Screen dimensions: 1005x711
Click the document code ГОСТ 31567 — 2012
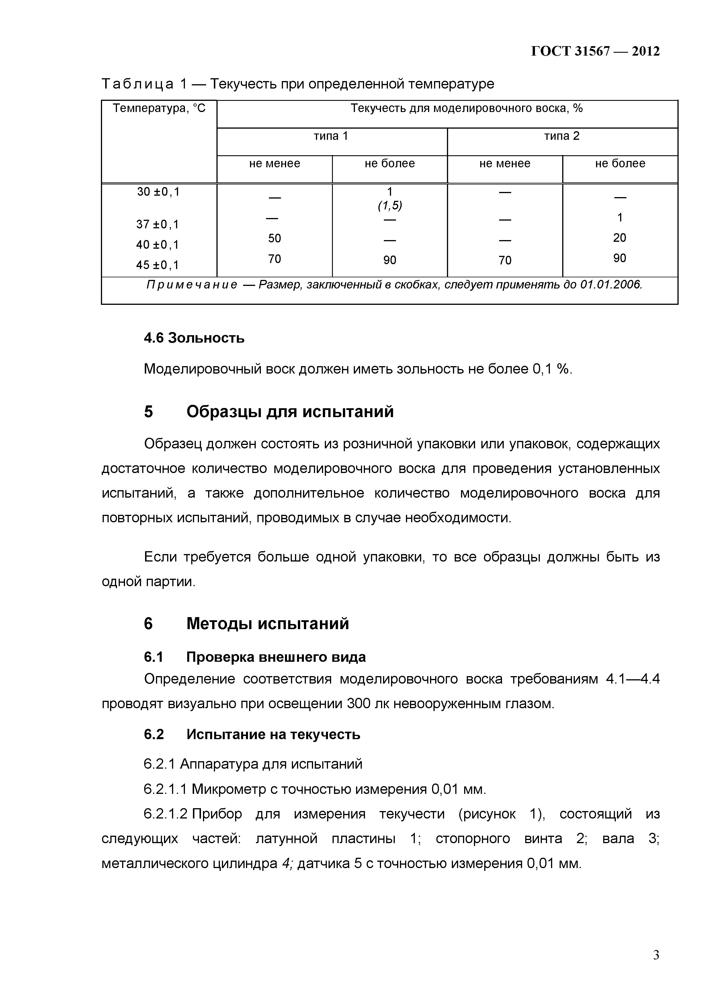pyautogui.click(x=595, y=52)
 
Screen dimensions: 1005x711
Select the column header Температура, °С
pyautogui.click(x=159, y=108)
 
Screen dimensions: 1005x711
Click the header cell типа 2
pyautogui.click(x=562, y=136)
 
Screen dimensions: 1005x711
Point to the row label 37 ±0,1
pyautogui.click(x=158, y=225)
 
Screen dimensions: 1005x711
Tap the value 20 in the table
pyautogui.click(x=620, y=238)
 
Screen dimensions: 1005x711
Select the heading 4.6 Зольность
pyautogui.click(x=194, y=338)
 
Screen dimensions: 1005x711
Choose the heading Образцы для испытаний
pyautogui.click(x=290, y=412)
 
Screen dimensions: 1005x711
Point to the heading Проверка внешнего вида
pyautogui.click(x=276, y=657)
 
